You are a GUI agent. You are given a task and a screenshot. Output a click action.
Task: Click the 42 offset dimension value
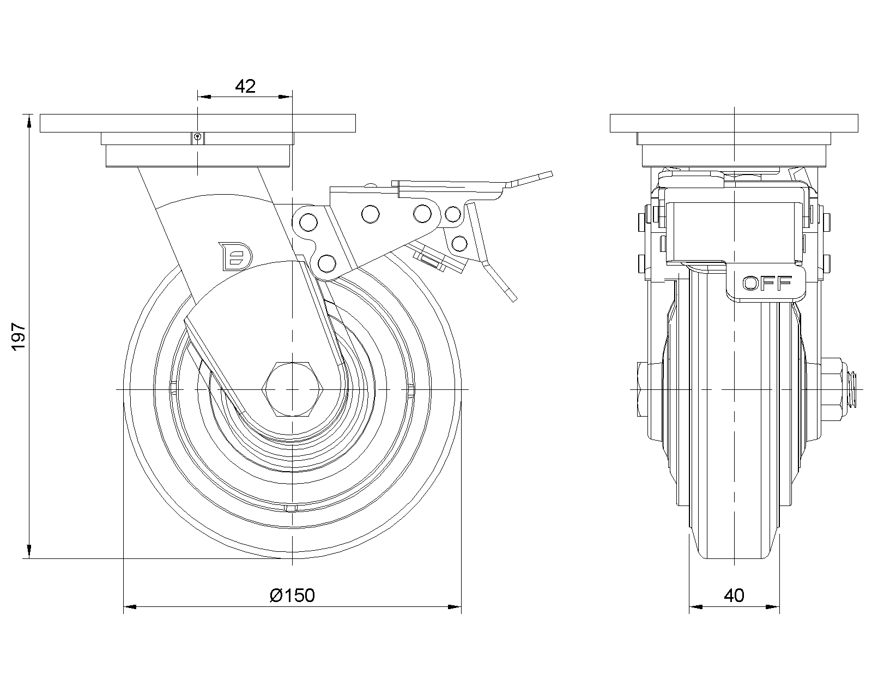[245, 86]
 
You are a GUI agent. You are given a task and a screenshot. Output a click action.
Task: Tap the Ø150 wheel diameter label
[292, 595]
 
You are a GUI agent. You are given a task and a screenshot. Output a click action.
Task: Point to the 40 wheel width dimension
[734, 595]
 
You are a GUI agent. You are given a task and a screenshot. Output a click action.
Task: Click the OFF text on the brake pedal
[767, 282]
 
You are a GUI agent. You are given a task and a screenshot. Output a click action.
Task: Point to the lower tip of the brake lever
[512, 298]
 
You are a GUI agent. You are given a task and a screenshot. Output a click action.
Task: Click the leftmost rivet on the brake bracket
[307, 222]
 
